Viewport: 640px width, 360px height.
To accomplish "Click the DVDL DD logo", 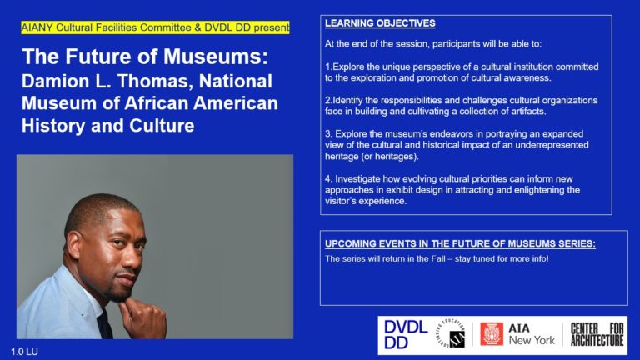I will (406, 335).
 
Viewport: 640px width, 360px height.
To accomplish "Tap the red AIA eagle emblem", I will (491, 334).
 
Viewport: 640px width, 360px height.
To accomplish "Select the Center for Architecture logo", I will (597, 335).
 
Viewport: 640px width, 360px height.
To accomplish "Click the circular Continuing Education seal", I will (451, 335).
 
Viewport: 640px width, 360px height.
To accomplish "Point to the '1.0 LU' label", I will (24, 352).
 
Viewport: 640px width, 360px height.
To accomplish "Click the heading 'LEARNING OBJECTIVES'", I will (380, 23).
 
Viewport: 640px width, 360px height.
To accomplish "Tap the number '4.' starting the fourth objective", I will (328, 179).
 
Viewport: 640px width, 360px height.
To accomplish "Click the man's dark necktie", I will (104, 324).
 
